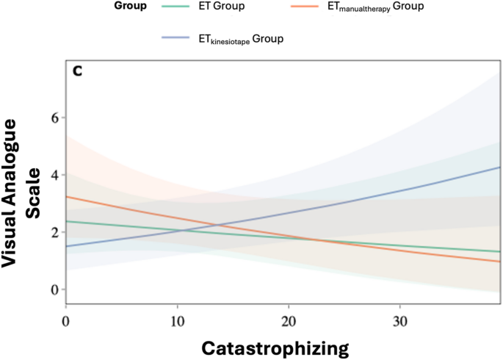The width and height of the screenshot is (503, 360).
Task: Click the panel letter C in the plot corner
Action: point(77,71)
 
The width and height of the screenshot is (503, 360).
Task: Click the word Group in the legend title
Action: point(130,7)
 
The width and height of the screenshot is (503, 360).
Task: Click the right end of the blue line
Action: point(500,168)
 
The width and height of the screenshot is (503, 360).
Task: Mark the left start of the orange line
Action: point(67,197)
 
